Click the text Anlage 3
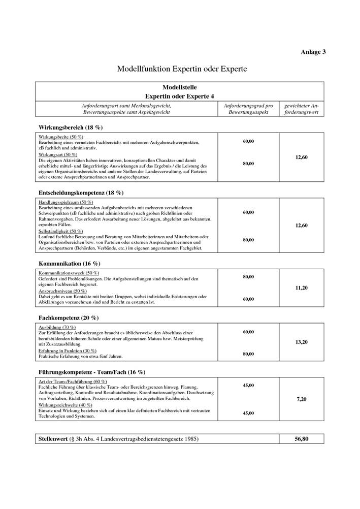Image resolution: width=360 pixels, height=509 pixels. [313, 52]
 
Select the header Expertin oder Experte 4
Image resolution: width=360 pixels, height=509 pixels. [179, 96]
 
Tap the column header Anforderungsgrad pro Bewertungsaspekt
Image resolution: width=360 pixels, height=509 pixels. [248, 109]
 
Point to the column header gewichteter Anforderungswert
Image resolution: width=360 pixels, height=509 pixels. [301, 109]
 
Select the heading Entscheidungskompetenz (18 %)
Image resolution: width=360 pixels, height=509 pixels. [81, 193]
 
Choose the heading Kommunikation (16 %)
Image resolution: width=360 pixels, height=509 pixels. [69, 264]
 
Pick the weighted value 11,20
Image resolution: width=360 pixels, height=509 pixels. [301, 288]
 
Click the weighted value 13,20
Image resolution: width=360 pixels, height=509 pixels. [301, 342]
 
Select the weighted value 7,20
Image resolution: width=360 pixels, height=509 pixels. [301, 400]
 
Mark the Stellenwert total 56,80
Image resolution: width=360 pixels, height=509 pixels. [301, 438]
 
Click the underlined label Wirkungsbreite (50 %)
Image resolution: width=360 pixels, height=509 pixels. [60, 137]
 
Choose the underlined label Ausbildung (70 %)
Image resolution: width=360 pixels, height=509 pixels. [57, 327]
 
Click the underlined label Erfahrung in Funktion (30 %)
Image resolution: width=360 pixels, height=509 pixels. [67, 351]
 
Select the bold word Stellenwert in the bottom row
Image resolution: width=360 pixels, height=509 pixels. [53, 438]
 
